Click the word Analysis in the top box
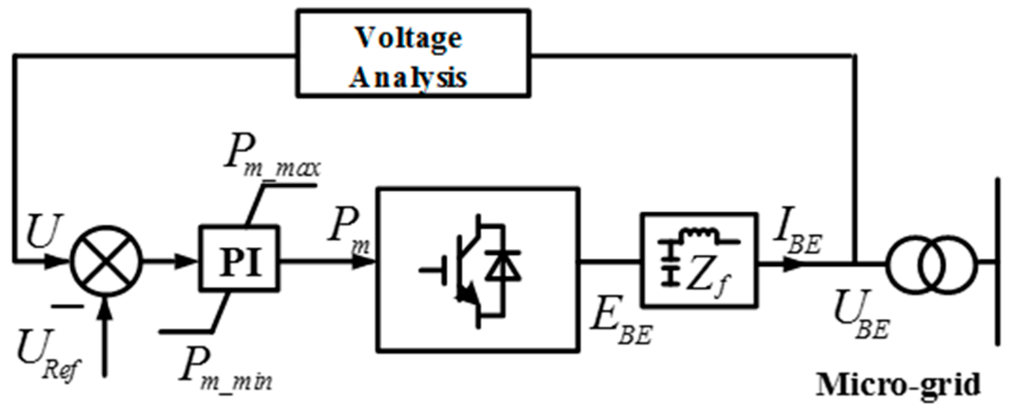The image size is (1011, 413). pos(408,78)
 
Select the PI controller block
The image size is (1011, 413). pos(239,259)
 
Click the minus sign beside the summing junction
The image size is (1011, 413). pos(67,307)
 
